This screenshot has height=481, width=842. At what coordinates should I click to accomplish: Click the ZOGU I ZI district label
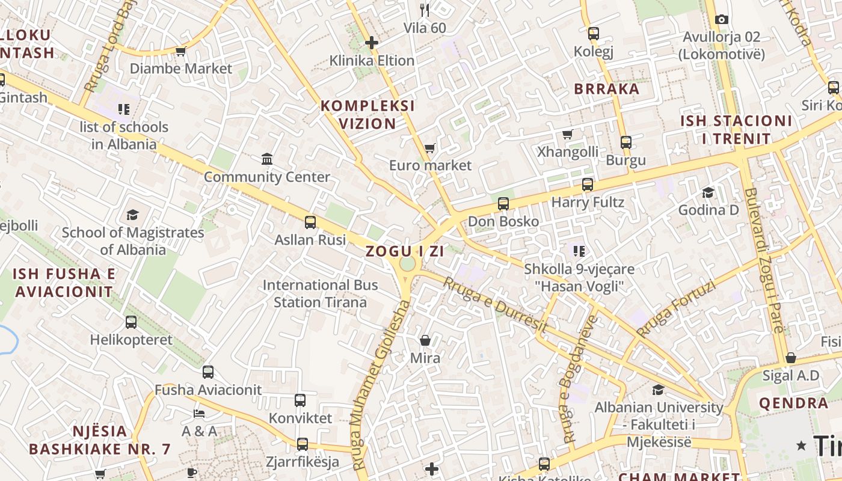pos(405,251)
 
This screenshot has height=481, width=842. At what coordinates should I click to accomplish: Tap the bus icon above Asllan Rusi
pos(310,222)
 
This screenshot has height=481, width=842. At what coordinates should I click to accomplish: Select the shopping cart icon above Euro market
pos(429,148)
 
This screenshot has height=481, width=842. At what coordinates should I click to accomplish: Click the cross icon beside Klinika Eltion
pos(372,43)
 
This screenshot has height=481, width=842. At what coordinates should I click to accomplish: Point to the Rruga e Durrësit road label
pos(495,305)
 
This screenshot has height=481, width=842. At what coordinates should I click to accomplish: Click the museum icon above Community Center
pos(267,159)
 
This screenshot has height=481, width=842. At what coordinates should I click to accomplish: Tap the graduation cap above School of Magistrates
pos(132,215)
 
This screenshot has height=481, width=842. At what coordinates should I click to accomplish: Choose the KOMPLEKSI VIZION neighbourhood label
pos(367,115)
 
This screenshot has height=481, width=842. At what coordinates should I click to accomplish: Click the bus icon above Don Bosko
pos(503,204)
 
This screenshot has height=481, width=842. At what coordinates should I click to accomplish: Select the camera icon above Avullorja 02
pos(722,20)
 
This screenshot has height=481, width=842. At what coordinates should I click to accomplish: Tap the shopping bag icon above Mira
pos(425,341)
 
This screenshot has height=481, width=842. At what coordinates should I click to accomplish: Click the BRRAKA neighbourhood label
pos(606,89)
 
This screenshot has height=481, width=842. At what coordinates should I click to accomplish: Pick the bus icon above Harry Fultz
pos(588,185)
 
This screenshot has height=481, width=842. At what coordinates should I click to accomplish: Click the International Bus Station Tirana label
pos(320,293)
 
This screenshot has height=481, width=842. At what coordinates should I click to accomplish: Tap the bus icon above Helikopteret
pos(131,322)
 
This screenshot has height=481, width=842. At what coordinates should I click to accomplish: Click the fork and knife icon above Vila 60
pos(425,10)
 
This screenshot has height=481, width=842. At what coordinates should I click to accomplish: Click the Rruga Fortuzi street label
pos(676,308)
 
